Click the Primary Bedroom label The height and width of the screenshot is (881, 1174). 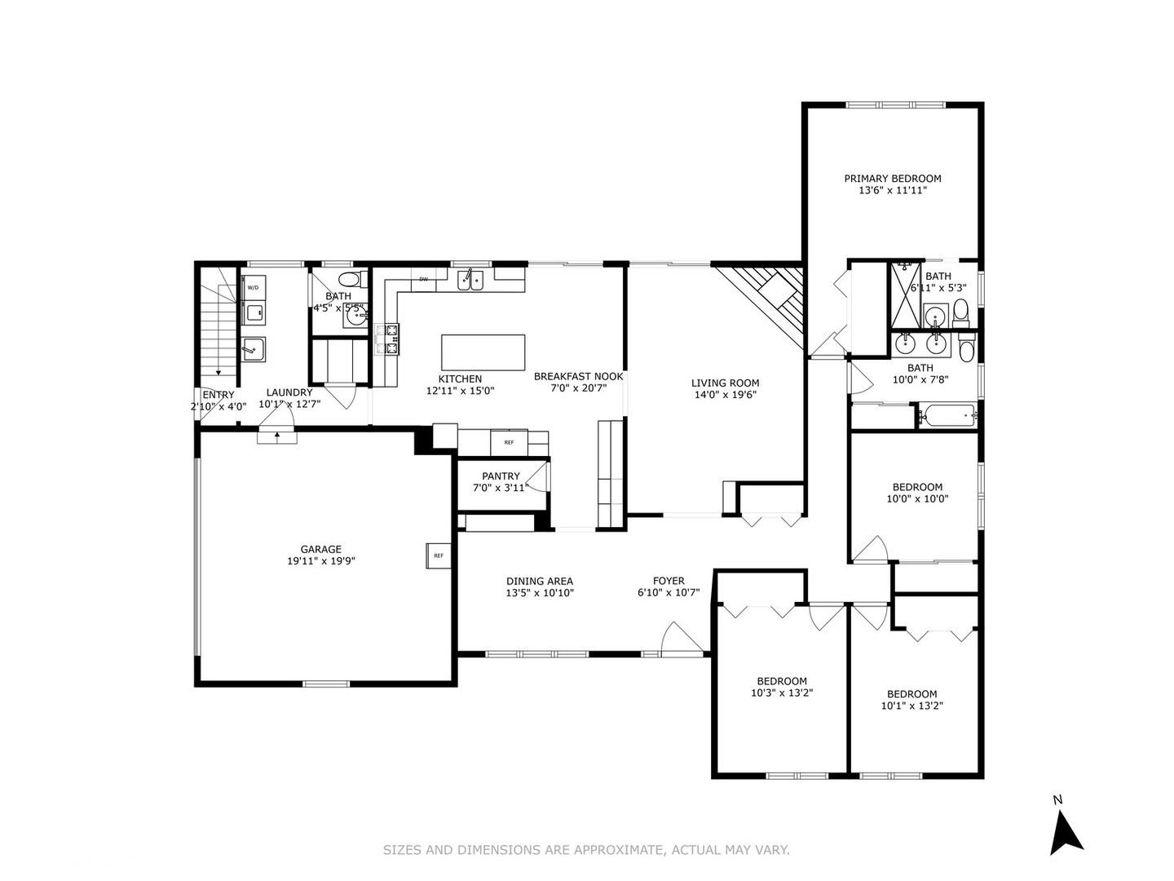pos(892,179)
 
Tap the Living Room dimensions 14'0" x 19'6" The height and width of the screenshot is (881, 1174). pos(725,395)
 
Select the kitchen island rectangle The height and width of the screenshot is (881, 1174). pos(483,352)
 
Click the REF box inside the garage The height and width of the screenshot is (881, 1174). pos(438,556)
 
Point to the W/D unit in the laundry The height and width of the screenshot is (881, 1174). pos(253,288)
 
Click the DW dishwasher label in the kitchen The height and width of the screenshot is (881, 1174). pos(423,279)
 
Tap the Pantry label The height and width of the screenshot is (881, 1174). pos(501,476)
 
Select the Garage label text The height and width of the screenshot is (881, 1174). pos(320,549)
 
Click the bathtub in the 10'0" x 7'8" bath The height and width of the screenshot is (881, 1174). pos(947,415)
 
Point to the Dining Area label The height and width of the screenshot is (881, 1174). pos(539,582)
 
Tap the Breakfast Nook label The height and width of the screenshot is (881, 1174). pos(578,377)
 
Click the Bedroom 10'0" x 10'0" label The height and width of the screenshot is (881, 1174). pos(917,487)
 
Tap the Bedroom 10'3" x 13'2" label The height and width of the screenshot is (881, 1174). pos(782,681)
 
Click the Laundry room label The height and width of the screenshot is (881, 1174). pos(289,392)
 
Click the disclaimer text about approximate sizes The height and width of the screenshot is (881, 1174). pos(586,850)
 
